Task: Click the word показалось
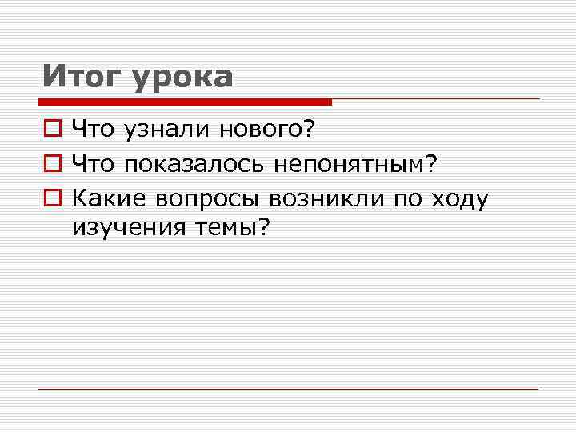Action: coord(195,164)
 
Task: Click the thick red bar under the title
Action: coord(185,102)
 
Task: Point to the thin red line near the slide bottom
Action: coord(288,389)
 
